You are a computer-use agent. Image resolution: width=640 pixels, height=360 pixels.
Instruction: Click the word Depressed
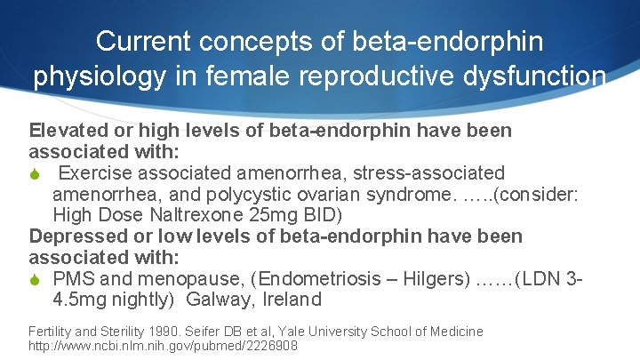tap(75, 236)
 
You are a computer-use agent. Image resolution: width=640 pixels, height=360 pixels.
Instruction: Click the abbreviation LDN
tap(543, 279)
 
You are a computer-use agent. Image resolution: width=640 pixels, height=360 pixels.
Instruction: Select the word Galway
tap(215, 300)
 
